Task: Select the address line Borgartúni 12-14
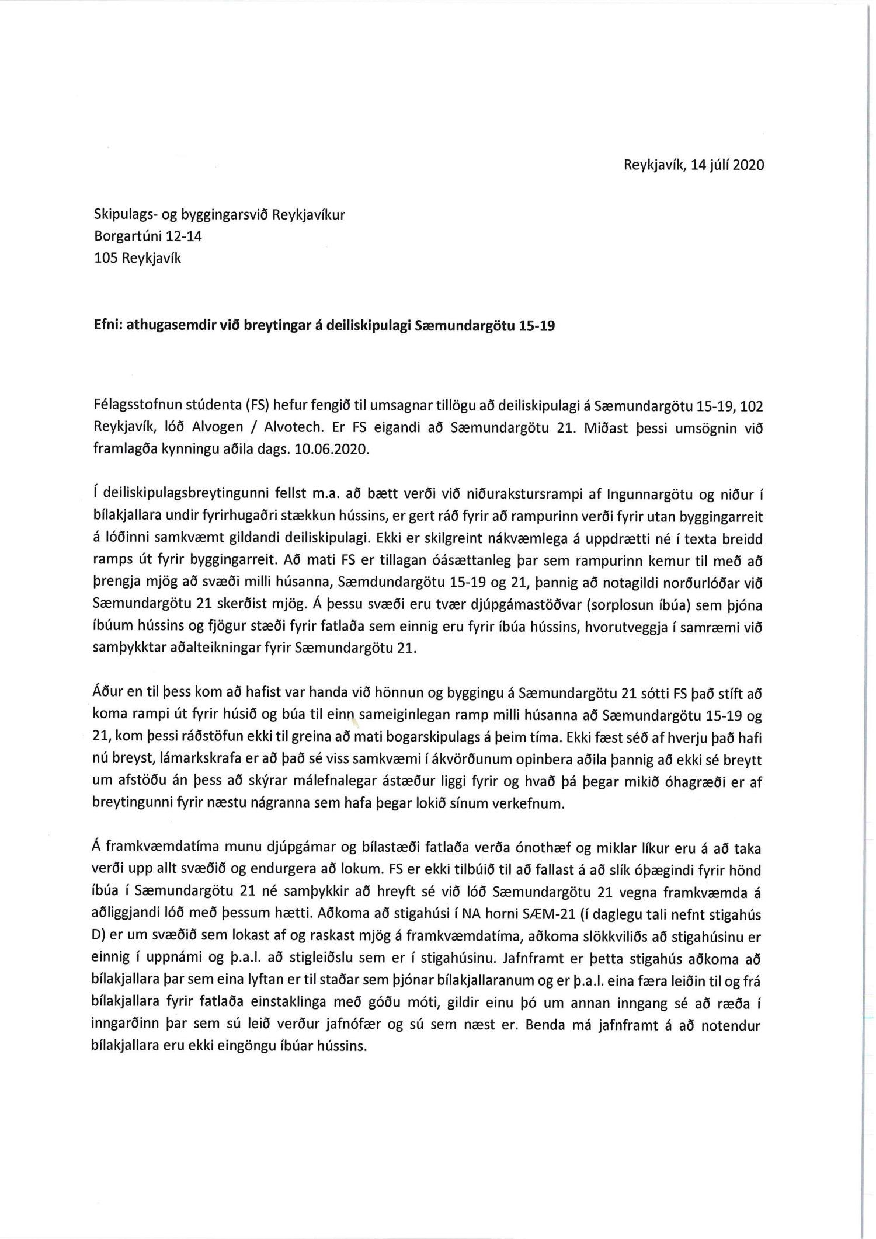click(148, 236)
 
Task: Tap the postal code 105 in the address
click(106, 258)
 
